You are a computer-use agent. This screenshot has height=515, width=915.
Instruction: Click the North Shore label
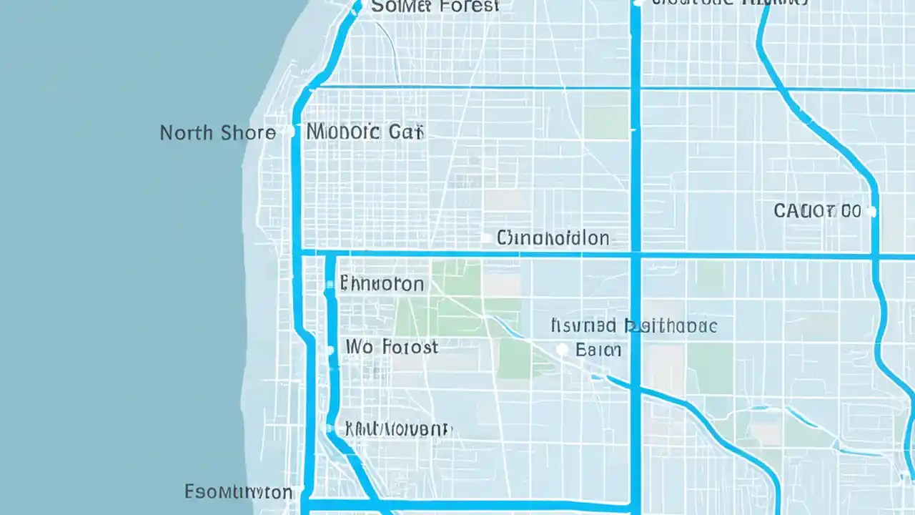point(217,133)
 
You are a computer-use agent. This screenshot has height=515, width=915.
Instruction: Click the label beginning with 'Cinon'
point(553,237)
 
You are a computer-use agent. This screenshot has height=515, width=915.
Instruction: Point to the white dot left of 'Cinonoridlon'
point(487,238)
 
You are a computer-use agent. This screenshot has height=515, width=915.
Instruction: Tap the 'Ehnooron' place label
point(382,284)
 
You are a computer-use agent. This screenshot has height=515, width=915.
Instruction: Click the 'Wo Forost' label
point(391,348)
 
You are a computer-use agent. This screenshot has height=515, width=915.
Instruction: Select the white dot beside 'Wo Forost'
point(330,350)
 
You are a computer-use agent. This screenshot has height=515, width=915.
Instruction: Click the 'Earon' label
point(598,350)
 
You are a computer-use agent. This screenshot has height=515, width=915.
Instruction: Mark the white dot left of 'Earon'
point(562,349)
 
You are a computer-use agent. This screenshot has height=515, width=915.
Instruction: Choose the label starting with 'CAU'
point(817,211)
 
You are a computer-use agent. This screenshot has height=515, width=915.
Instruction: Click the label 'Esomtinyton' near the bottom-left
point(238,492)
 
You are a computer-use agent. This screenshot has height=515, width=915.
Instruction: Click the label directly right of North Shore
point(365,132)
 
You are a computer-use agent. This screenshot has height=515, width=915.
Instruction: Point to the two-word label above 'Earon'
point(633,326)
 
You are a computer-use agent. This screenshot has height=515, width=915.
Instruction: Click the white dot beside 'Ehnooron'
point(330,285)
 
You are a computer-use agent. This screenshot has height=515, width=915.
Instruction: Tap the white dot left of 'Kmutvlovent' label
point(330,428)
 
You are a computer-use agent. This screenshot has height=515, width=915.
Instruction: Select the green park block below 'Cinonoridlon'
point(457,300)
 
